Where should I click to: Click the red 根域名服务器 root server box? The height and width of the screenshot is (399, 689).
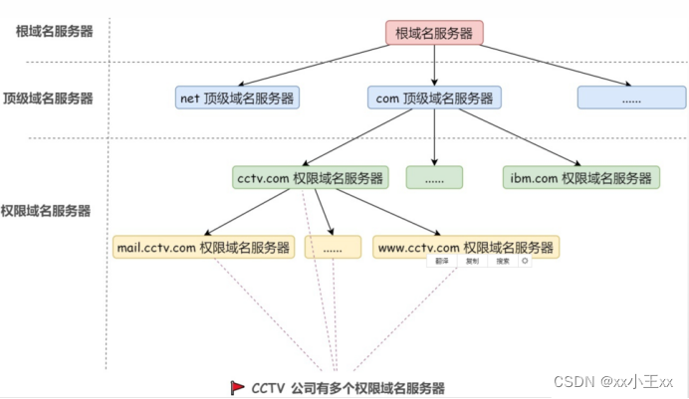(434, 33)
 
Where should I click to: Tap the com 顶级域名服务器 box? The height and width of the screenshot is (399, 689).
(434, 98)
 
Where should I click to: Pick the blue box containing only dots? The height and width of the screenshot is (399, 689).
(631, 98)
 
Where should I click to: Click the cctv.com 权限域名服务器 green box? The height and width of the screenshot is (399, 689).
(310, 177)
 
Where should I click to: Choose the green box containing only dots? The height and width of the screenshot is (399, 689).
(434, 177)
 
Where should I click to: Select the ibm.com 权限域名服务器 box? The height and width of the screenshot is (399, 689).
(581, 177)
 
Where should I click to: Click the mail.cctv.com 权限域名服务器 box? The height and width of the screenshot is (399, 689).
(203, 247)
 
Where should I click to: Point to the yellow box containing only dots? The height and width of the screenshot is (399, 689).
(333, 247)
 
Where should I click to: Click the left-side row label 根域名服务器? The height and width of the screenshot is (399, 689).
(55, 31)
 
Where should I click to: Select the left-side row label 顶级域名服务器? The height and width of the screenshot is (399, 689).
(48, 99)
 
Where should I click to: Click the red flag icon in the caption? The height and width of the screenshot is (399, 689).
(238, 387)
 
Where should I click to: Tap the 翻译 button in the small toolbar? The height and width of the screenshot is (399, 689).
(443, 262)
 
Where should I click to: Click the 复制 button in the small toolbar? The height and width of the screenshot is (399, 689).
(473, 262)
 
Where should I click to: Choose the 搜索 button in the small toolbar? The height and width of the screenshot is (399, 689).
(503, 262)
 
